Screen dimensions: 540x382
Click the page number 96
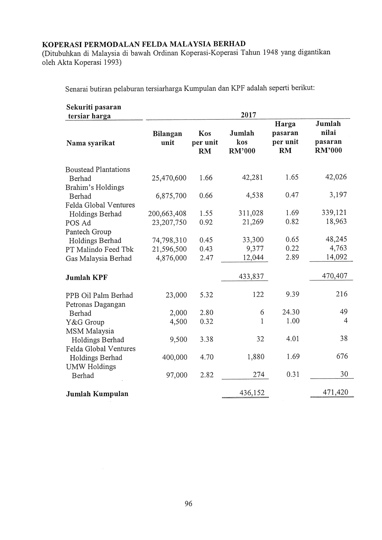pos(188,504)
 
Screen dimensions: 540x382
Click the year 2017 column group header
pos(248,115)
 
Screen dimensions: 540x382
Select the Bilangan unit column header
pos(167,138)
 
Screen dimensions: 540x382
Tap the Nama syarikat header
pos(91,143)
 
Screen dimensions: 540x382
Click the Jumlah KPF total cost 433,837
pos(251,277)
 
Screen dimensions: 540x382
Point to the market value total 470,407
pos(335,276)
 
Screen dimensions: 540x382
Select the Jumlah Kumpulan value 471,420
pos(335,392)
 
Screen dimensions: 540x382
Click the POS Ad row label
pos(78,223)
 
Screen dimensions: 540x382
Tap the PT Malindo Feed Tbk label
pos(99,250)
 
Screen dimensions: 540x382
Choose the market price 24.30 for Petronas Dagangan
pos(291,312)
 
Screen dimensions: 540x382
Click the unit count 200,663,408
pos(167,214)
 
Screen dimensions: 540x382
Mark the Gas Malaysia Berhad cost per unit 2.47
pos(206,258)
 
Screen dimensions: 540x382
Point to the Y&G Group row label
pos(85,322)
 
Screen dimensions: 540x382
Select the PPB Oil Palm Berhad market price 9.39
pos(292,295)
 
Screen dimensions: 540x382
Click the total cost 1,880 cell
pos(256,357)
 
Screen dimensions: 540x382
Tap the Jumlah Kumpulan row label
pos(97,394)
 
